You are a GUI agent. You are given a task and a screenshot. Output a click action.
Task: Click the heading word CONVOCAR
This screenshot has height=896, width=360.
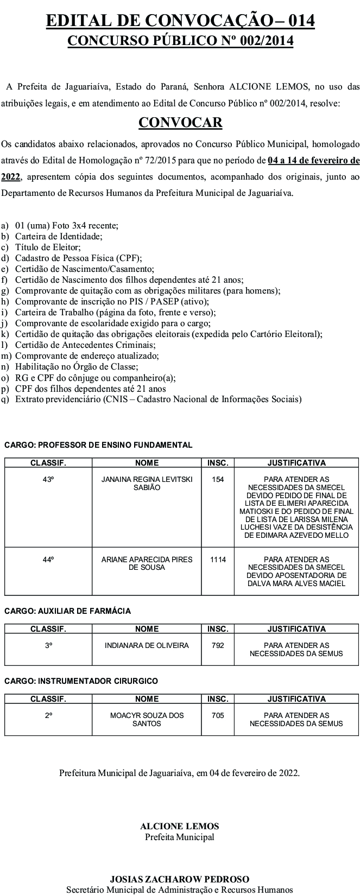[180, 123]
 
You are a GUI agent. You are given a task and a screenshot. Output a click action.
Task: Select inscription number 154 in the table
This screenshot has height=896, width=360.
[218, 480]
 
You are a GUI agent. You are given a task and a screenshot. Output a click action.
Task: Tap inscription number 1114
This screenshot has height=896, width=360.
[218, 559]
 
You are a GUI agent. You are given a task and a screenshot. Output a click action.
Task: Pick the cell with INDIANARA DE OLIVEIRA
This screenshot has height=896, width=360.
[147, 645]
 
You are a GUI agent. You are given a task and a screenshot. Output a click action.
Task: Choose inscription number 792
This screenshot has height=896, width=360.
[218, 645]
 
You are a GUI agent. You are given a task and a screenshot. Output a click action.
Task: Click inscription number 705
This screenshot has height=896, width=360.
[218, 715]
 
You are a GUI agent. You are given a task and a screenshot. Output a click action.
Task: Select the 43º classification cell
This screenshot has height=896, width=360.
[48, 480]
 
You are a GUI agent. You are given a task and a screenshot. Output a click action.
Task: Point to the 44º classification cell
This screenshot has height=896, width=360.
[48, 559]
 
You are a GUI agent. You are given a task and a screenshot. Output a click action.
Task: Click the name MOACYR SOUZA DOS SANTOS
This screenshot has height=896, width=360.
[147, 719]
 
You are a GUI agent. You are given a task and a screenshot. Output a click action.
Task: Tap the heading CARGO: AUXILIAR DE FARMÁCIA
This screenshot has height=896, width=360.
[67, 611]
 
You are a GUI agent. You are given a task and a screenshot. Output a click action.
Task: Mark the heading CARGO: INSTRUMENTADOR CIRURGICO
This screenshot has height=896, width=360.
[81, 681]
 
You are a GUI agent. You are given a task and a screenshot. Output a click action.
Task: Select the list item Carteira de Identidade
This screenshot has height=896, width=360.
[59, 236]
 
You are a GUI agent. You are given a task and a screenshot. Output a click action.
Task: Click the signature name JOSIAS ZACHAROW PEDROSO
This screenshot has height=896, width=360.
[179, 879]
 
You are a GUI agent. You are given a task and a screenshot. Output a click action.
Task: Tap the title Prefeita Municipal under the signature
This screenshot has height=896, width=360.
[179, 837]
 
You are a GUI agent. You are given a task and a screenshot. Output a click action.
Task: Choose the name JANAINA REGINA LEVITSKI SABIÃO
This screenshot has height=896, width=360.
[147, 484]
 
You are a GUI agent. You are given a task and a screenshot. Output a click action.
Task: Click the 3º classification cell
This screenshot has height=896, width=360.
[48, 645]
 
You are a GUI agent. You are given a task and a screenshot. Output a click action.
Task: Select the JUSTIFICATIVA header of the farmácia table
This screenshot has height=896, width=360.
[296, 629]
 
